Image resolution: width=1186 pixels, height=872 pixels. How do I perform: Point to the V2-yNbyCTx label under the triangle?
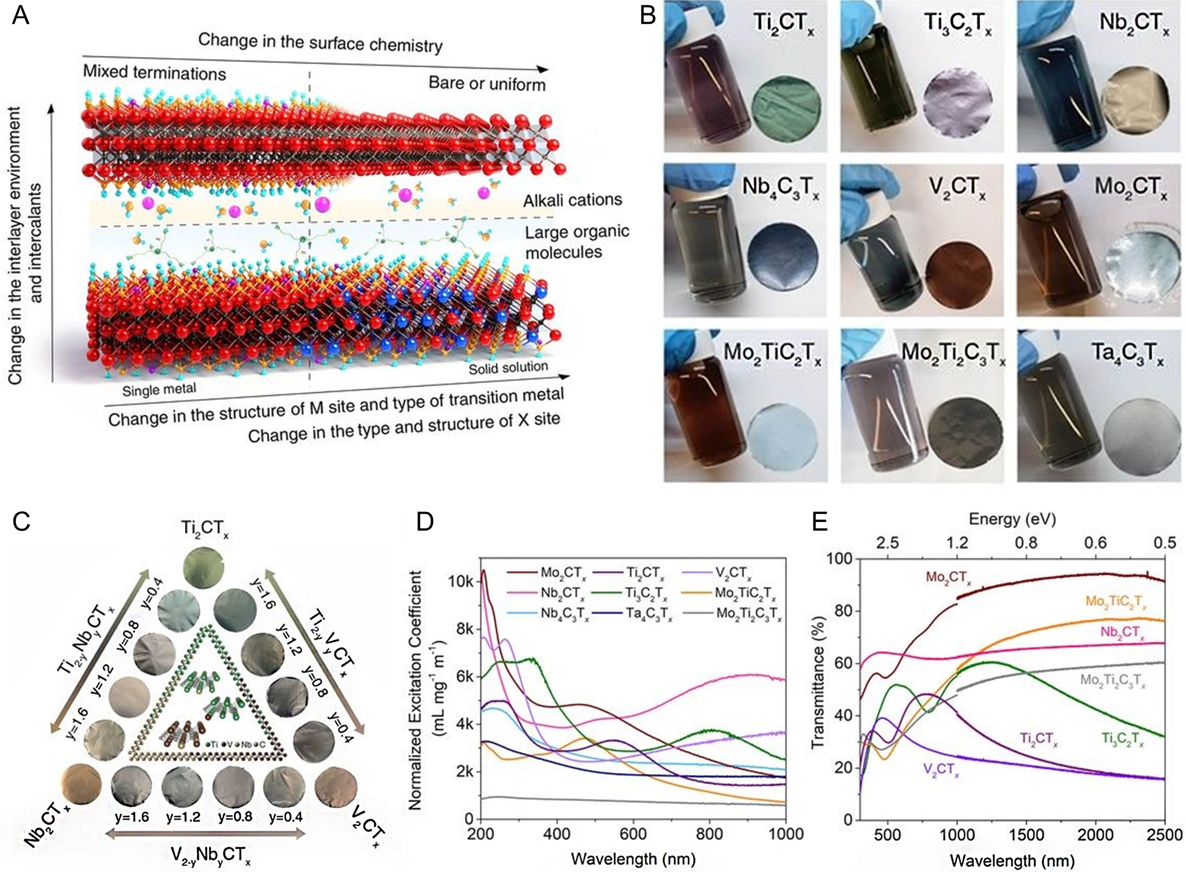pos(210,854)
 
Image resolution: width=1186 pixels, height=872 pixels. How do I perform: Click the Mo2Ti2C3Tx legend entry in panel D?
pos(748,614)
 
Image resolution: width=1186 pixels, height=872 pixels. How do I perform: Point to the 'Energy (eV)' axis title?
pos(1012,519)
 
